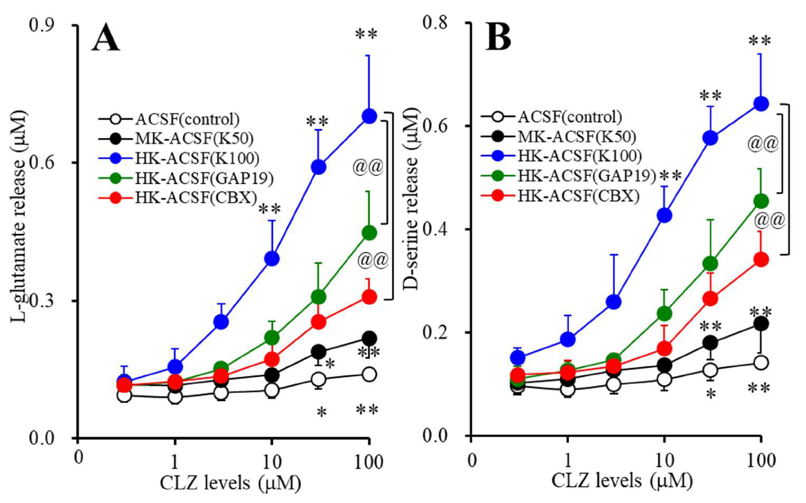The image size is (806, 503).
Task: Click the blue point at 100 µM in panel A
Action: (x=369, y=117)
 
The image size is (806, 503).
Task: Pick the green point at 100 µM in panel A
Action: (x=369, y=232)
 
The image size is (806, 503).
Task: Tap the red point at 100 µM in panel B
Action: (x=761, y=259)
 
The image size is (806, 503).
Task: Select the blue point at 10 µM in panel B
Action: (x=664, y=216)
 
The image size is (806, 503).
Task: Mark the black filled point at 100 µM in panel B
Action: (x=761, y=324)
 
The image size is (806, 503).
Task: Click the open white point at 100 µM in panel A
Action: (x=369, y=374)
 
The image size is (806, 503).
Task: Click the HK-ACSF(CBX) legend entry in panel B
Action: (x=579, y=196)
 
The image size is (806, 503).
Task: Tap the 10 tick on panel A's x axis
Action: (x=272, y=461)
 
